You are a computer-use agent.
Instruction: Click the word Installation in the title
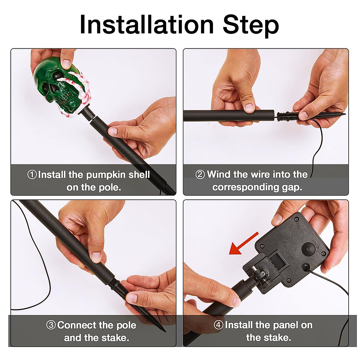pos(147,25)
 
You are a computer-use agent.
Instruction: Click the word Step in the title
pos(251,26)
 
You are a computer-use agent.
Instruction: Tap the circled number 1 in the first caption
pos(32,175)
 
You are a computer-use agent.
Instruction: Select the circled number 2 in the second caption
pos(200,175)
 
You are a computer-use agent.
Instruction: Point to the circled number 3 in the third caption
pos(51,325)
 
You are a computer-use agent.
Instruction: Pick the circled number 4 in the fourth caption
pos(219,325)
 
